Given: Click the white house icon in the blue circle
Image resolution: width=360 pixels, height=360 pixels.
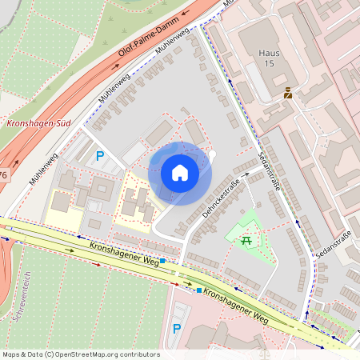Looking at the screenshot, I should tap(180, 173).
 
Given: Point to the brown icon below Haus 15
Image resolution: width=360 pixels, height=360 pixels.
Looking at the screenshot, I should tap(288, 94).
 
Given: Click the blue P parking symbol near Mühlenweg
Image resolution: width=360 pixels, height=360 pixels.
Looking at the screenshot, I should tap(100, 157).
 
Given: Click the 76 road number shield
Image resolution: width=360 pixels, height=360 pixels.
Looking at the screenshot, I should tap(2, 175).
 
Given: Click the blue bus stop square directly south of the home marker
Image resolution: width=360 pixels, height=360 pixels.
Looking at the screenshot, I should tap(162, 261).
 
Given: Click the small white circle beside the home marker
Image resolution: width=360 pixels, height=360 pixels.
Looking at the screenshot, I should tap(212, 154).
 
